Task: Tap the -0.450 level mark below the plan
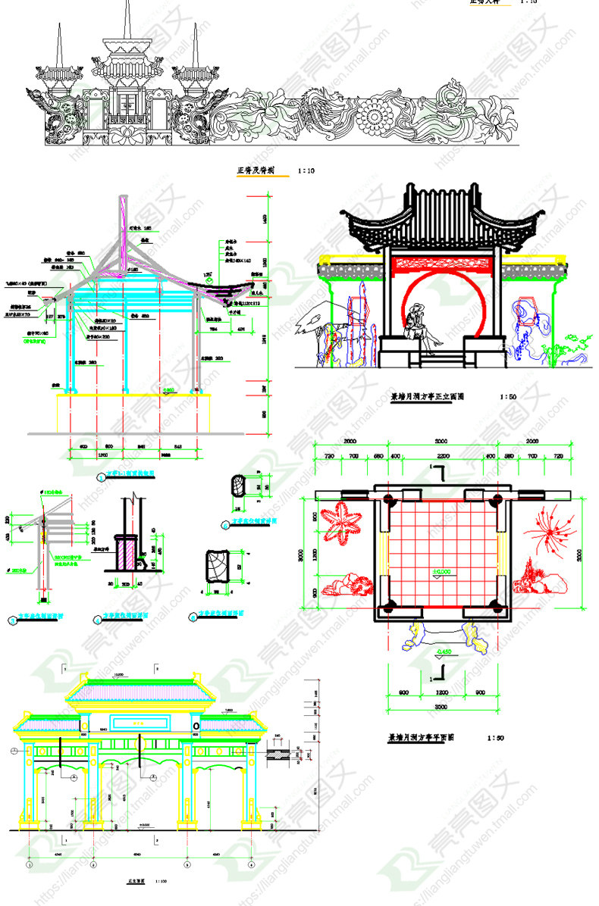pyautogui.click(x=444, y=651)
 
